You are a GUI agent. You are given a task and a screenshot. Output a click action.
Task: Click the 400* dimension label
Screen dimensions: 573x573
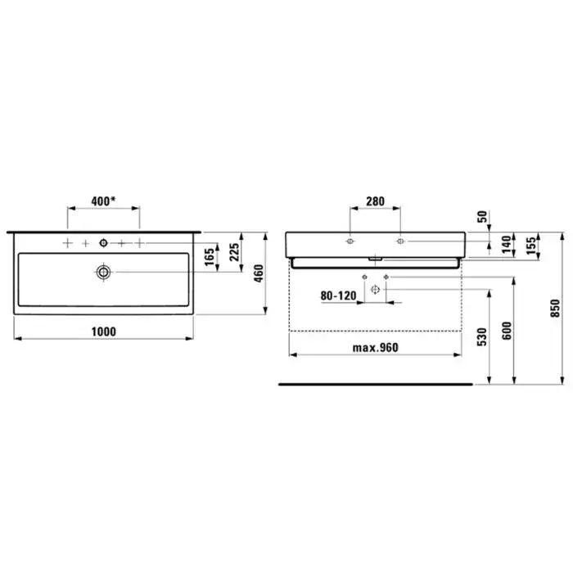(103, 201)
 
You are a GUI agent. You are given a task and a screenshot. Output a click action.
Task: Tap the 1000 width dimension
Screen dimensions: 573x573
(103, 332)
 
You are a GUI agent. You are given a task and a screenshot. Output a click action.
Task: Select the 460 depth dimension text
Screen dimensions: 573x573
(259, 273)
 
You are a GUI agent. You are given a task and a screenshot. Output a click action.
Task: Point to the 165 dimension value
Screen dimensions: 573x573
(209, 257)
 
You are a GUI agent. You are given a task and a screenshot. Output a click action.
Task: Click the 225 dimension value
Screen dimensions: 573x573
(234, 252)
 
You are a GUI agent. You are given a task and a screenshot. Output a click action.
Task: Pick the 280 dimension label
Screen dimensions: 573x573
(375, 201)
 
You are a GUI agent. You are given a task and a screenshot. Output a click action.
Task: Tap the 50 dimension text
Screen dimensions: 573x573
(482, 216)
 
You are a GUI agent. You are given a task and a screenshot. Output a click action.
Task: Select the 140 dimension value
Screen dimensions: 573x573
(506, 245)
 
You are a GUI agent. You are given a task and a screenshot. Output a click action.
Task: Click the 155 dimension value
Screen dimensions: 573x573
(531, 246)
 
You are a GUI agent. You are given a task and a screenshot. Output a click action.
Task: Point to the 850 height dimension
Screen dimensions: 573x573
(555, 308)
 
